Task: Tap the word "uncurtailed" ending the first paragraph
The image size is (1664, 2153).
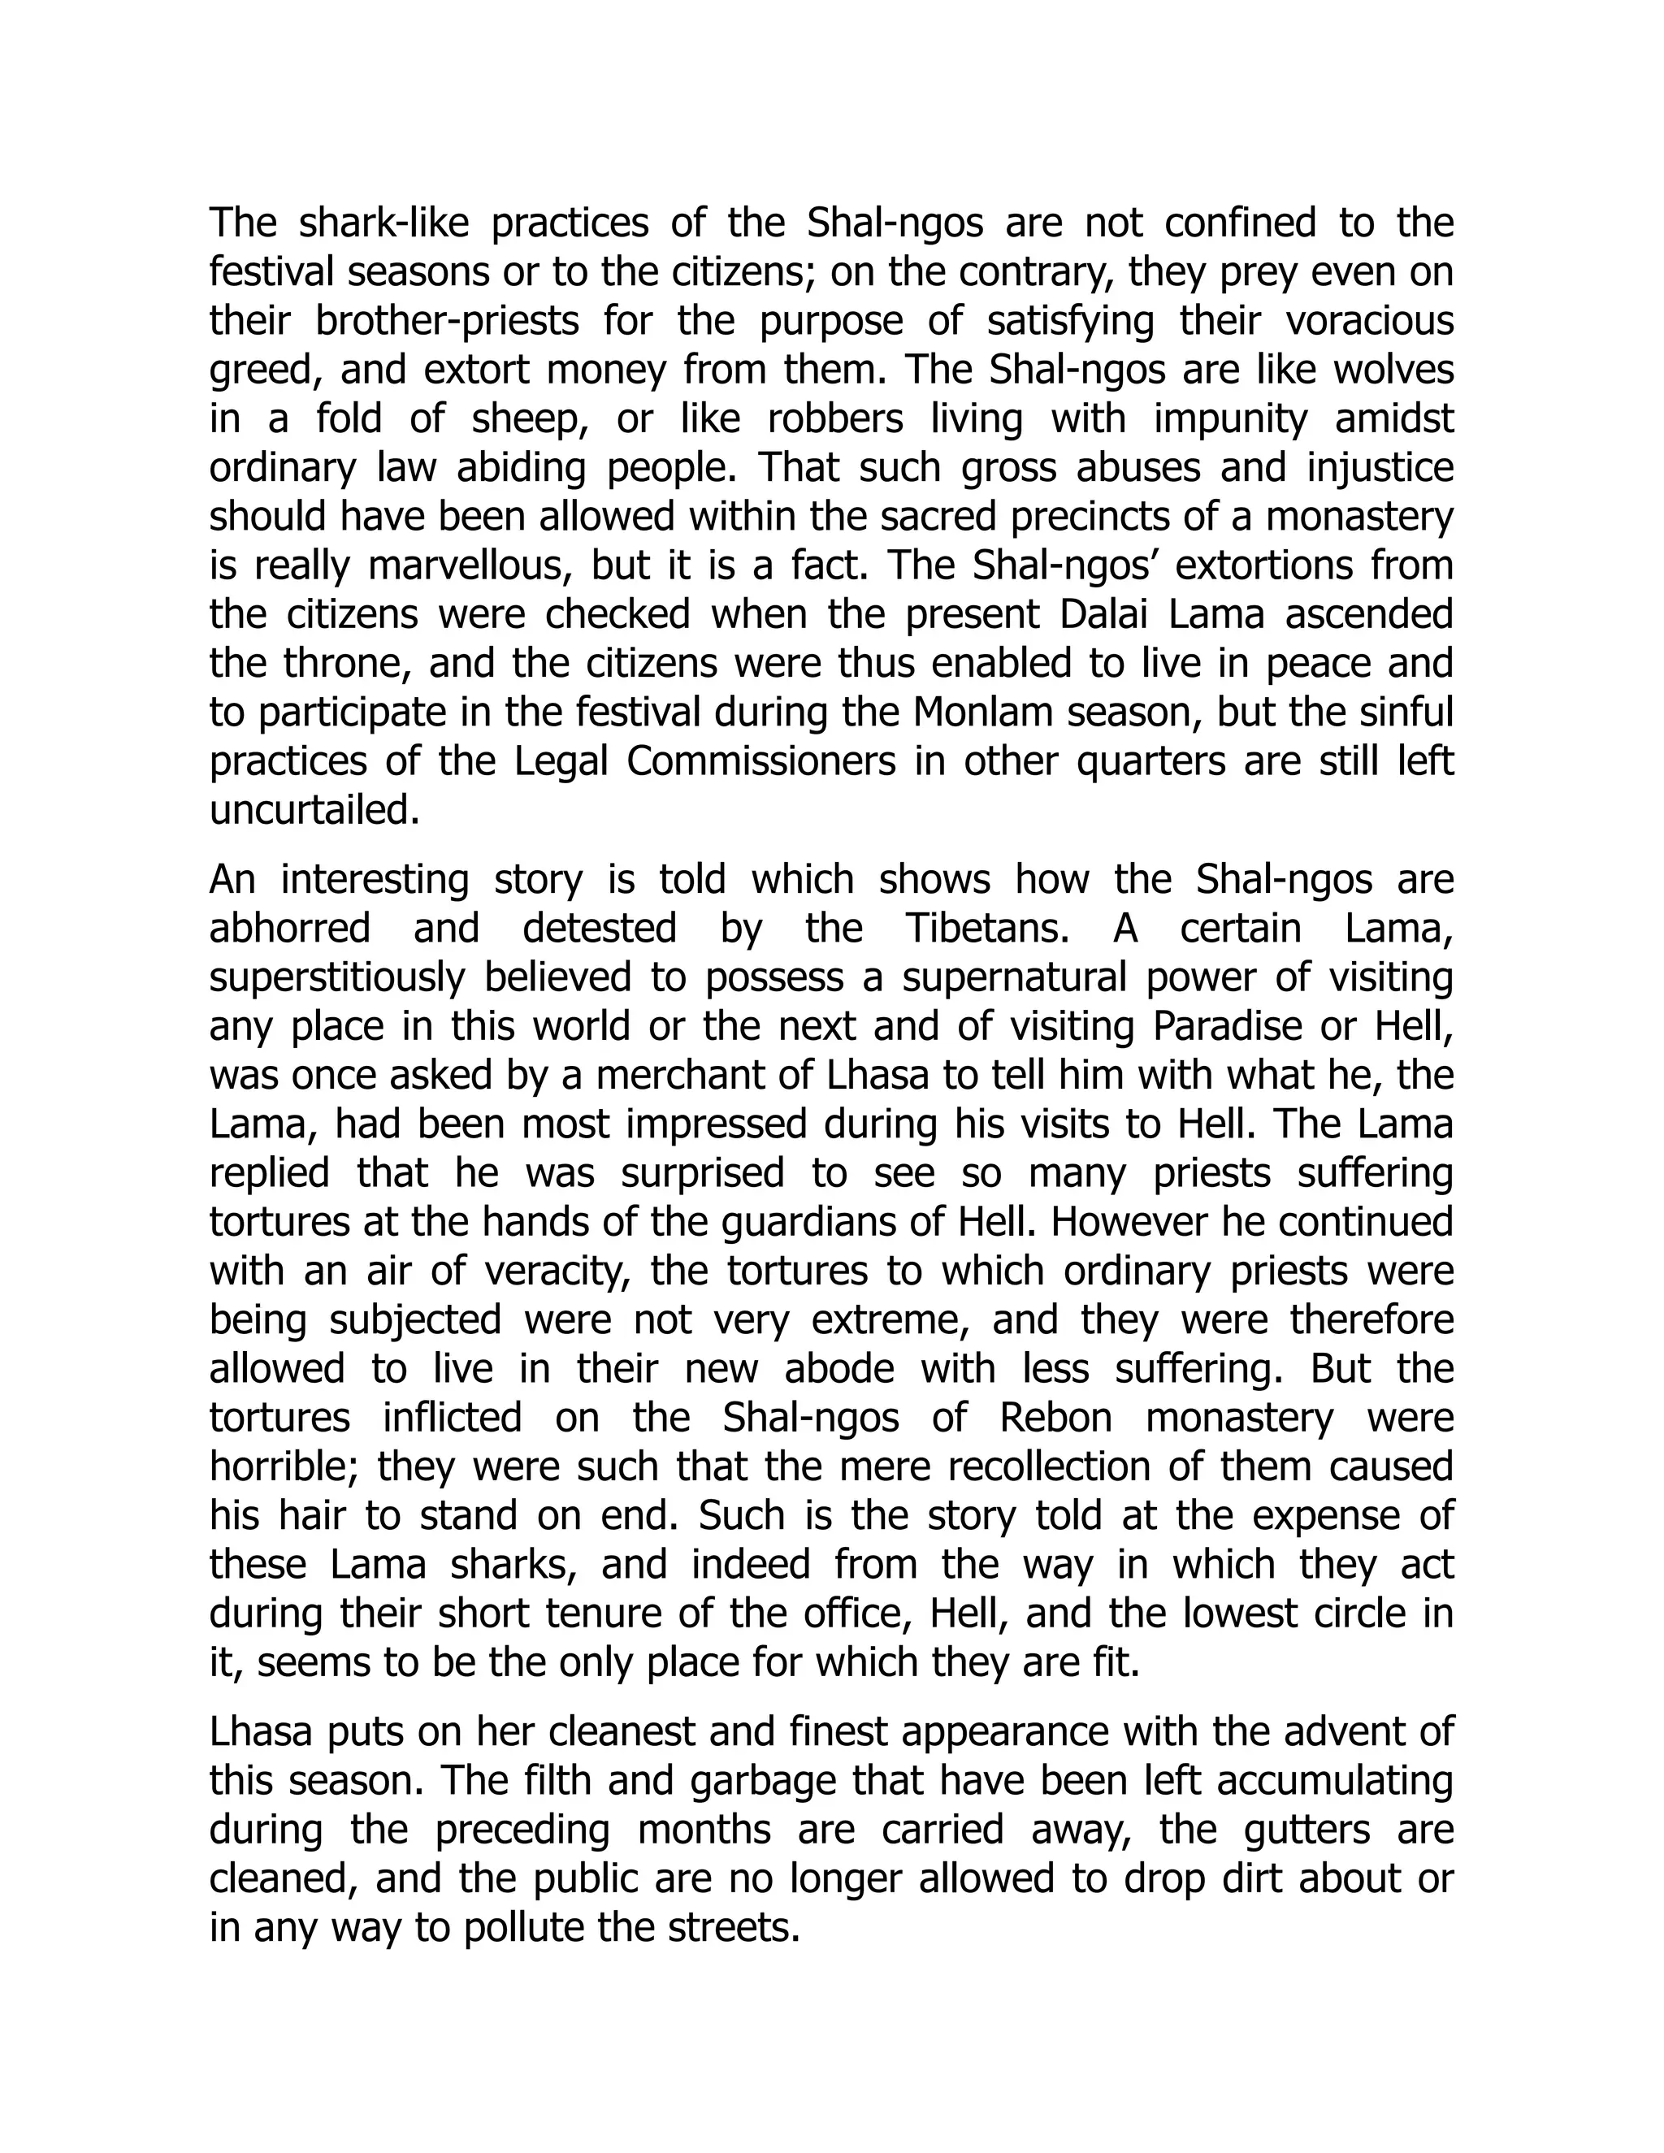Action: pyautogui.click(x=314, y=810)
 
